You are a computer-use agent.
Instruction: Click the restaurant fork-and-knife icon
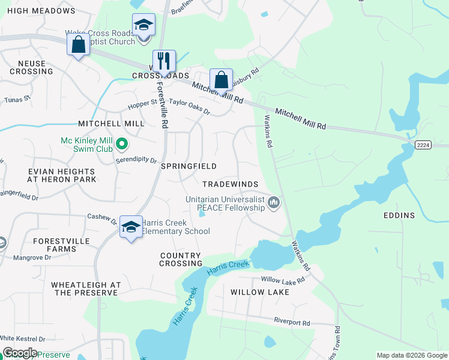tap(164, 61)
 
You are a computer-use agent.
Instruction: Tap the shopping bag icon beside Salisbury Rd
tap(221, 79)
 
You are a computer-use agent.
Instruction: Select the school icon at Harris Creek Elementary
tap(131, 227)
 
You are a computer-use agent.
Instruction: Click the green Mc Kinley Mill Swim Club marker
tap(122, 143)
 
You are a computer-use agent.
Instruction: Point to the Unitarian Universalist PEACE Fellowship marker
tap(274, 203)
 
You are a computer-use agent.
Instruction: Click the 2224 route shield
tap(423, 145)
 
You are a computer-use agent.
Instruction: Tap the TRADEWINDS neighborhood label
tap(231, 184)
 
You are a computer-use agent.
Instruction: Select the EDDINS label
tap(400, 215)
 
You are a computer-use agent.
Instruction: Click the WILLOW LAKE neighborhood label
tap(260, 292)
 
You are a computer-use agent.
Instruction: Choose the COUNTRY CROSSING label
tap(181, 259)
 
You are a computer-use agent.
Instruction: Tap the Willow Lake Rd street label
tap(283, 280)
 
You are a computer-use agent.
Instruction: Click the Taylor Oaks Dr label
tap(189, 106)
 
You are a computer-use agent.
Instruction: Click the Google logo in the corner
tap(19, 353)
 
